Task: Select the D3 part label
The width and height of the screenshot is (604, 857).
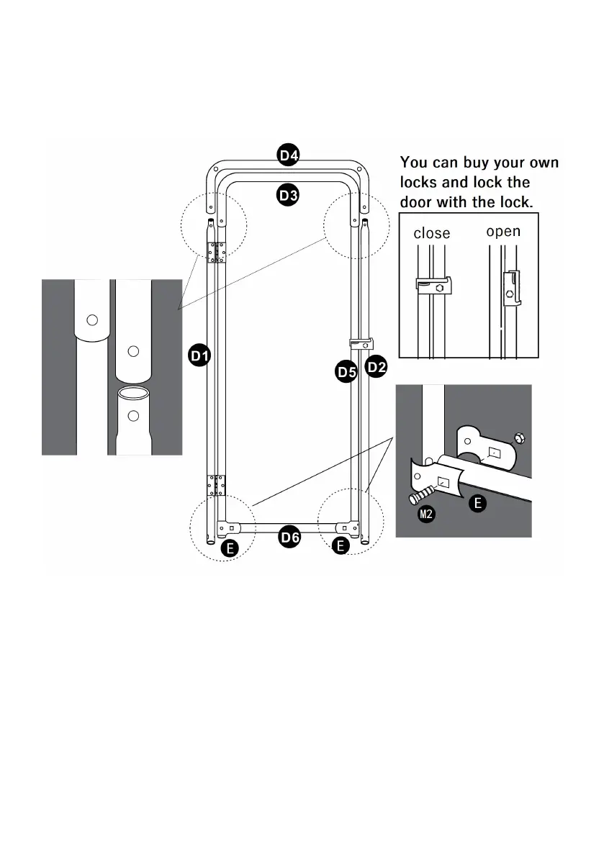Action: (x=289, y=195)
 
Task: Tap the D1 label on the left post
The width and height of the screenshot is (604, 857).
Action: (x=199, y=355)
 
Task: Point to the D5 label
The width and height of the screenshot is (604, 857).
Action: (x=347, y=372)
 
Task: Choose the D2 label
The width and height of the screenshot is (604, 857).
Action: (x=376, y=368)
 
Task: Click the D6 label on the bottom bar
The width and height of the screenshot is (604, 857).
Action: (x=289, y=536)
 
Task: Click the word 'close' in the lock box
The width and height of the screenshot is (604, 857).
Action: (x=432, y=233)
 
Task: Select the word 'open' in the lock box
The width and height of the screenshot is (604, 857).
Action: (x=503, y=232)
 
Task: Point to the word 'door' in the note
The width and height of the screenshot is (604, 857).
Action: (x=417, y=203)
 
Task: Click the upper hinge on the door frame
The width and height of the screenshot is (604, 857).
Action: (x=217, y=252)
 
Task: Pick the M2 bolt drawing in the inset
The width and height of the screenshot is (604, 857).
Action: (x=422, y=494)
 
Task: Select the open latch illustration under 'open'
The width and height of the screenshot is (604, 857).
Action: (x=511, y=289)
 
